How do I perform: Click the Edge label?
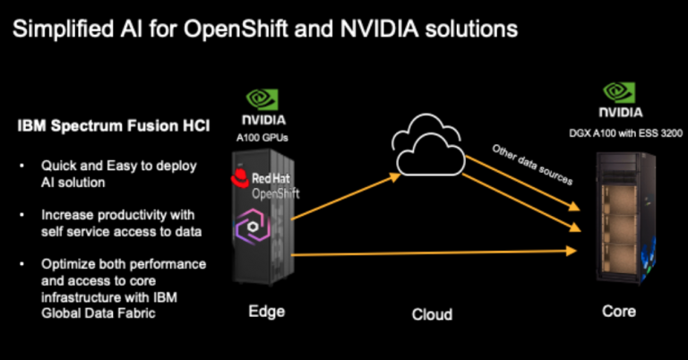265,312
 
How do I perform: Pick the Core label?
619,312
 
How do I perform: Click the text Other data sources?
531,164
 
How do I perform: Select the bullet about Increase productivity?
117,223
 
